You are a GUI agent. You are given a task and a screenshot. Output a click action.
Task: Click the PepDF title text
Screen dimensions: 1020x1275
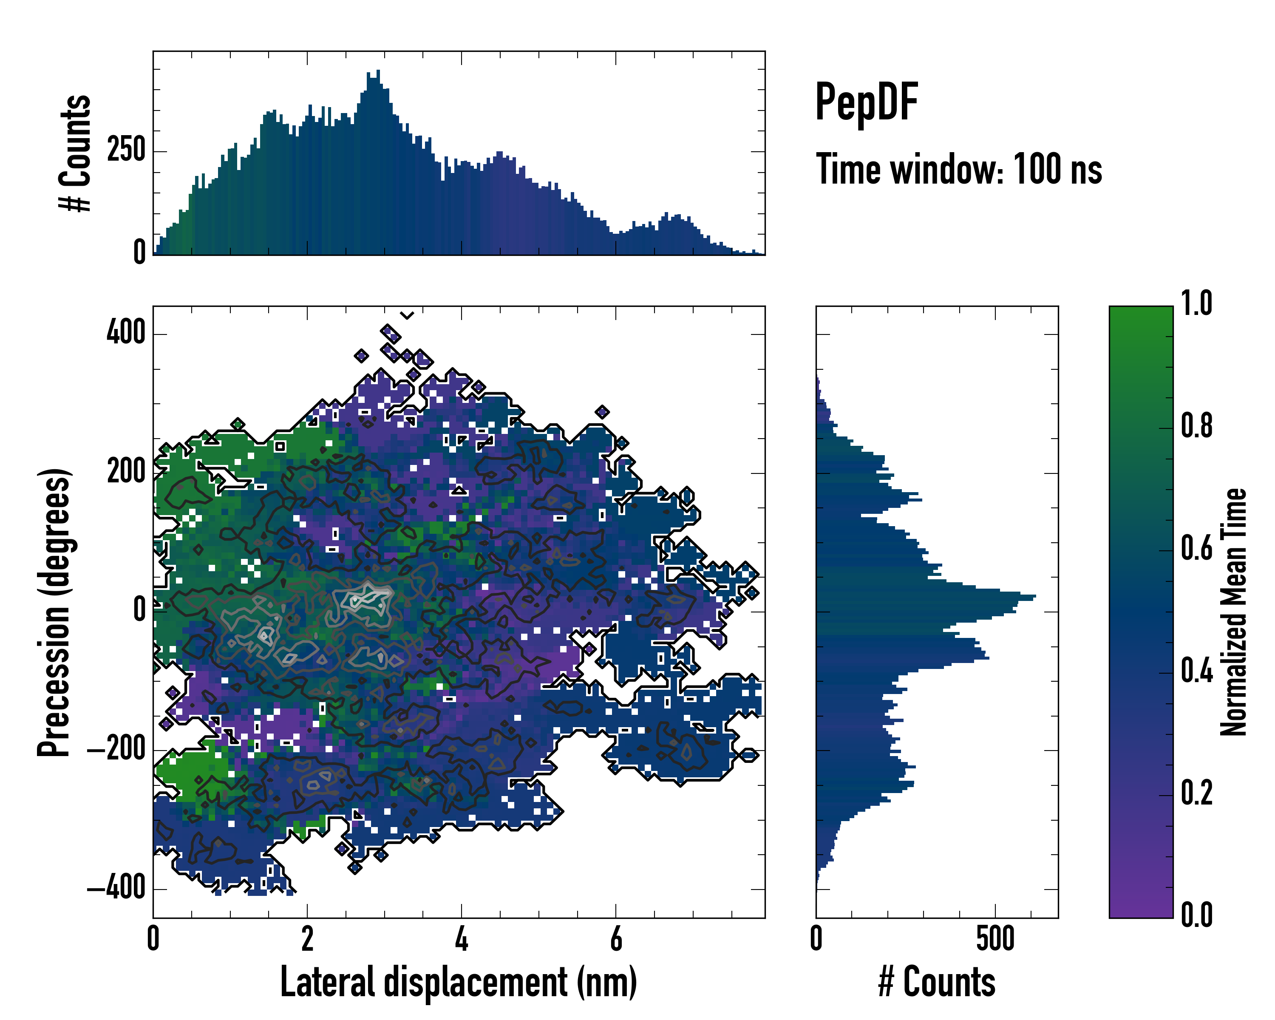point(866,102)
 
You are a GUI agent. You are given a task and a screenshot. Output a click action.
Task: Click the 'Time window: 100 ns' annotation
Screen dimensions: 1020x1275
point(959,170)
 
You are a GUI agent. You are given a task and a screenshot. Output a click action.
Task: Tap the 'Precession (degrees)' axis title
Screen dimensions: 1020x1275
point(54,612)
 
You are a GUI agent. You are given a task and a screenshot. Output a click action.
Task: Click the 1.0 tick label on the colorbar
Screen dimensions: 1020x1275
point(1196,303)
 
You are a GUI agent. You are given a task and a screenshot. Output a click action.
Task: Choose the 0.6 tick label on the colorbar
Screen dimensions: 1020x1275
point(1196,548)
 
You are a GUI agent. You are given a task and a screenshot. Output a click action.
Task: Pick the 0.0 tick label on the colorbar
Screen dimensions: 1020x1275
point(1196,915)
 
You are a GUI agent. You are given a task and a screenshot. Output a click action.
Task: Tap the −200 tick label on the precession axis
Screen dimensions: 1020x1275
point(116,750)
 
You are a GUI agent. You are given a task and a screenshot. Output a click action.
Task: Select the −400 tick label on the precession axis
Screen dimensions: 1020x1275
point(116,888)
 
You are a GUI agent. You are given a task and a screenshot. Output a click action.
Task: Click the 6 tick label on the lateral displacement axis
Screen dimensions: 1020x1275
point(616,938)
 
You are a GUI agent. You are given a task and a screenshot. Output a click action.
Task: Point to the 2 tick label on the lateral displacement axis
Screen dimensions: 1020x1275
point(307,938)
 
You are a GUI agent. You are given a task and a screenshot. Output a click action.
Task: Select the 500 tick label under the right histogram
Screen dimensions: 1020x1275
point(995,938)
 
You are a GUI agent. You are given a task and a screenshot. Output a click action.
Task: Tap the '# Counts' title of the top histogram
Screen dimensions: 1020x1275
point(76,153)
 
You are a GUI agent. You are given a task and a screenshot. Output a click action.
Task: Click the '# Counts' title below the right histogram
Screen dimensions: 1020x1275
point(937,982)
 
